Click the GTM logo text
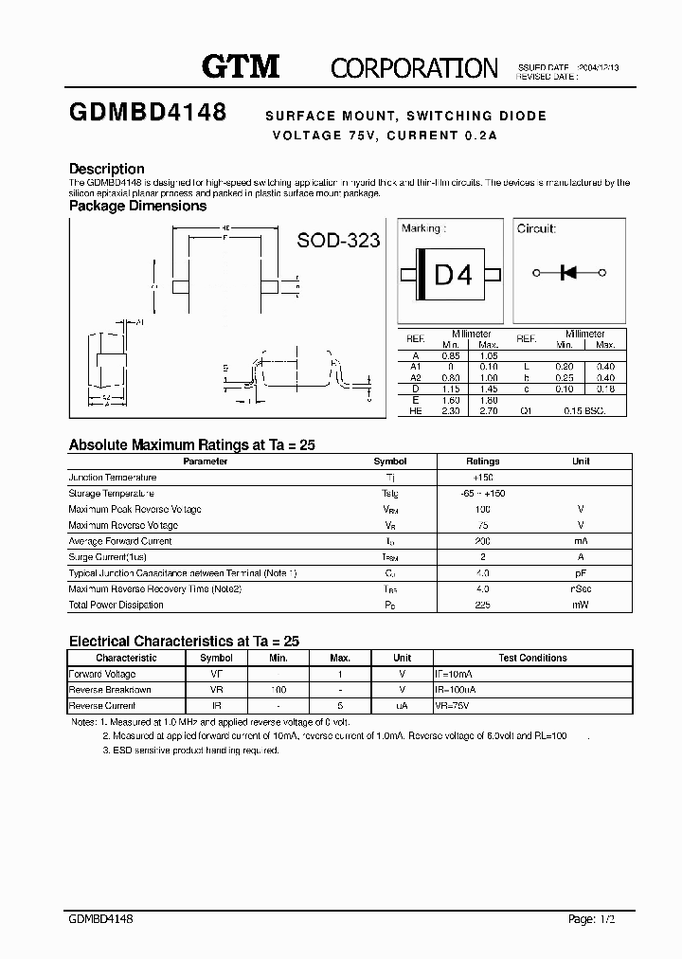[x=241, y=66]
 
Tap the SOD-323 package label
[x=338, y=241]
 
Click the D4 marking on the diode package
[x=452, y=275]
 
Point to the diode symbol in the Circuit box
[x=569, y=273]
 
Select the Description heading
[x=106, y=169]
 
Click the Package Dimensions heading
[x=137, y=206]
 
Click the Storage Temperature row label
[x=112, y=494]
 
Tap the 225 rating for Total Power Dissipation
[x=483, y=605]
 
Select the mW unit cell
[x=581, y=605]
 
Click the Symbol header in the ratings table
[x=390, y=461]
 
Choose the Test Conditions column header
[x=532, y=658]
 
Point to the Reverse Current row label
[x=102, y=706]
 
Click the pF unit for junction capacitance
[x=581, y=573]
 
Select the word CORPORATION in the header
[x=413, y=68]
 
